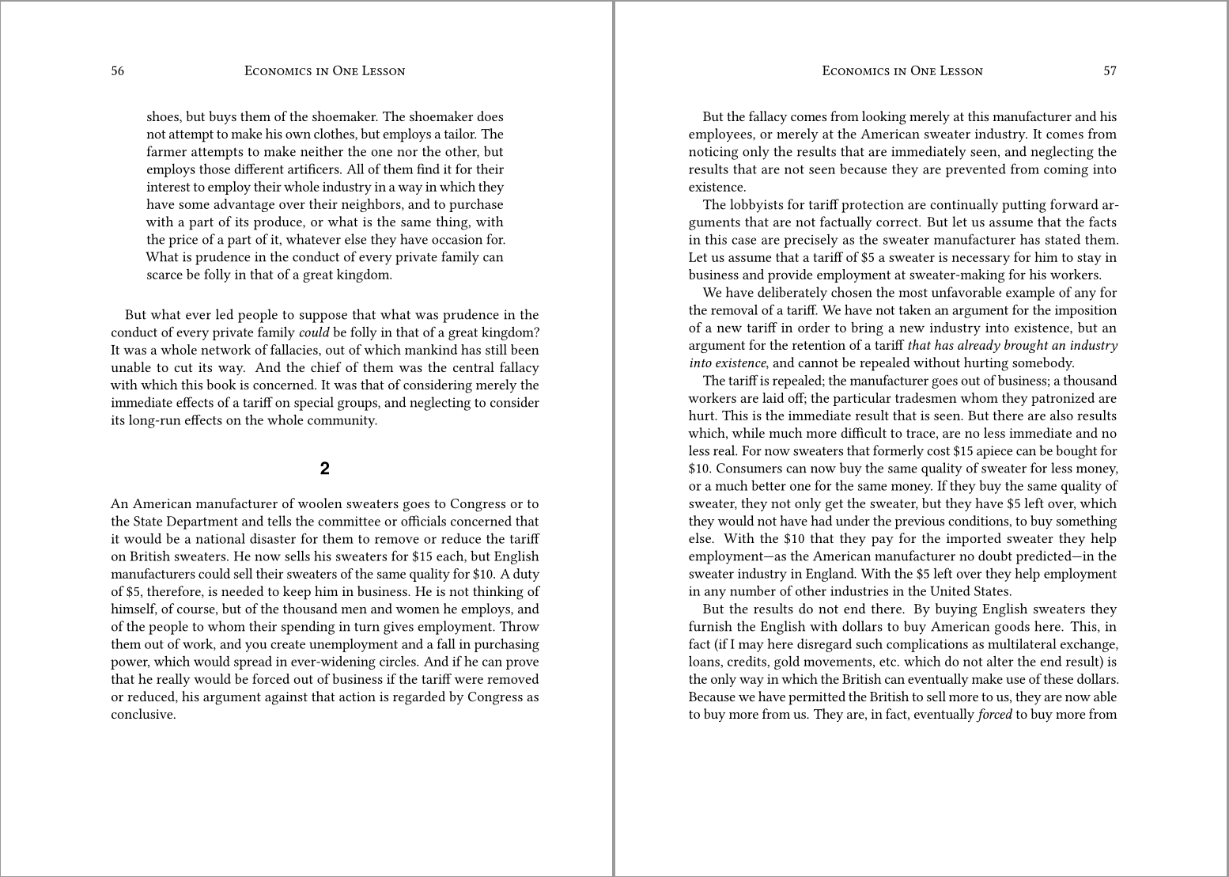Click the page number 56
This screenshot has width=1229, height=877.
[x=117, y=71]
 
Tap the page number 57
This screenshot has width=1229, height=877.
[x=1110, y=71]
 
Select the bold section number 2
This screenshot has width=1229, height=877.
[x=324, y=469]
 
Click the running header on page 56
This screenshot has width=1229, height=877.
[x=324, y=71]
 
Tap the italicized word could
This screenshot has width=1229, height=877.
[x=314, y=332]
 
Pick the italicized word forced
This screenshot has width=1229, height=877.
[x=995, y=715]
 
